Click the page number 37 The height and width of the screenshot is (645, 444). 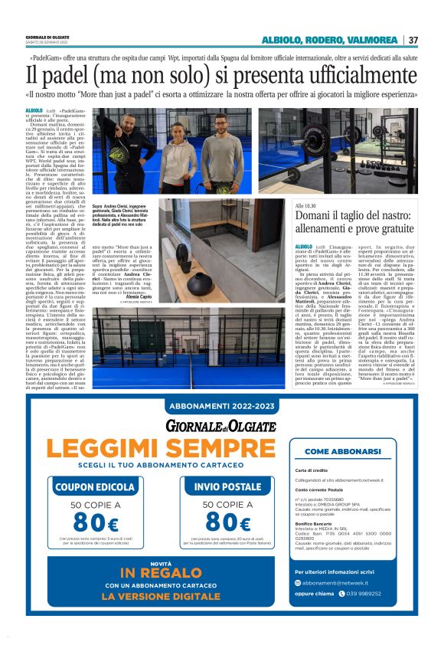click(x=413, y=40)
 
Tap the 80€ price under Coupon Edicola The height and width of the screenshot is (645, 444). click(x=89, y=523)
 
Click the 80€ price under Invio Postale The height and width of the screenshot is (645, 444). click(x=227, y=523)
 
